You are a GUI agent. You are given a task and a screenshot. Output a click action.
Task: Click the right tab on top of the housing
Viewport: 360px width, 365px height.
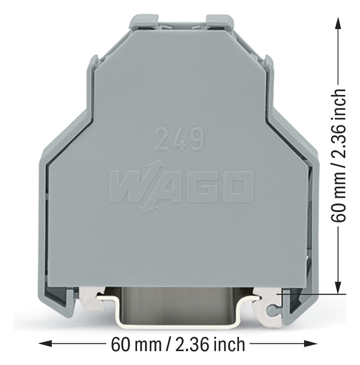[220, 20]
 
